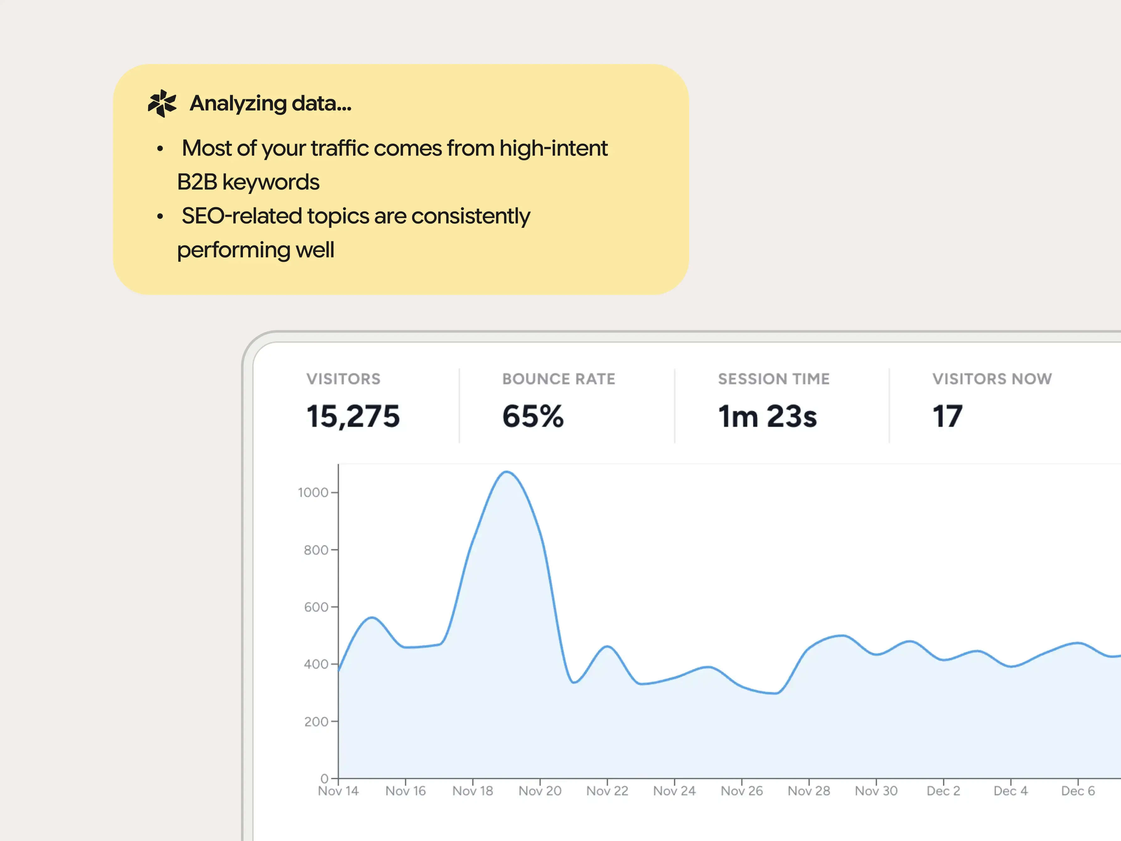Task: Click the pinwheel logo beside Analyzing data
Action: point(162,103)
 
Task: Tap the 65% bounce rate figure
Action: point(533,416)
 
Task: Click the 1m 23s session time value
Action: point(767,416)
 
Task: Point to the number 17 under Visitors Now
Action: point(947,416)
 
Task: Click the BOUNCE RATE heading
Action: point(559,379)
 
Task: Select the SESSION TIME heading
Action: point(774,379)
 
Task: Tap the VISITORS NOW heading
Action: point(992,379)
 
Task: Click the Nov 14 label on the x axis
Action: point(338,791)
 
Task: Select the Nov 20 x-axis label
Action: point(540,791)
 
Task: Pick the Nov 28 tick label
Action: point(809,791)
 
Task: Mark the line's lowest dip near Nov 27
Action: point(775,693)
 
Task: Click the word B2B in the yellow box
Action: point(197,182)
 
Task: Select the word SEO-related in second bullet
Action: point(242,216)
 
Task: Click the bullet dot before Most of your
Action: point(160,148)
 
